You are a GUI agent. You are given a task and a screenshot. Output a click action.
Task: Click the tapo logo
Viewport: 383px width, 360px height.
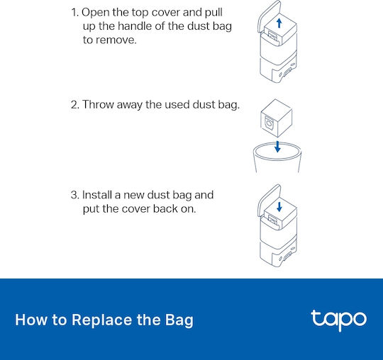tap(338, 320)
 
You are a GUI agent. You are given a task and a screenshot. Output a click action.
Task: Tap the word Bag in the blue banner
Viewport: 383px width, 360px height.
tap(179, 321)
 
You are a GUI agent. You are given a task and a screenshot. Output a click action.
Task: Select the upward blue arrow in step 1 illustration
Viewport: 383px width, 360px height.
tap(279, 23)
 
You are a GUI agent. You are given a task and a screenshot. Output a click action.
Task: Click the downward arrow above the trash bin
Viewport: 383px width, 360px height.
tap(277, 147)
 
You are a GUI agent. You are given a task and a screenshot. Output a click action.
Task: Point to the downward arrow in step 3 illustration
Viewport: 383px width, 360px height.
tap(279, 206)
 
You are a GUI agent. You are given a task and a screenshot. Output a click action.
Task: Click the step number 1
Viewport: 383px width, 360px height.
tap(74, 13)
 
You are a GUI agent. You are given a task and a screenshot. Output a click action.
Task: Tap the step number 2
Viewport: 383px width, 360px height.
tap(74, 105)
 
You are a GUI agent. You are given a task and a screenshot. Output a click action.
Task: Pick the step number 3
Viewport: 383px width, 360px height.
tap(74, 195)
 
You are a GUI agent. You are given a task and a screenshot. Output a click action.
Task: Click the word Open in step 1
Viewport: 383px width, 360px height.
tap(96, 13)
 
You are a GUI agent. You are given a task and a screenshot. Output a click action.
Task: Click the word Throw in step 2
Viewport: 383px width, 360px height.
tap(98, 104)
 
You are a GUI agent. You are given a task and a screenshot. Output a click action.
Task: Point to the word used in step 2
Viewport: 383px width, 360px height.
tap(177, 105)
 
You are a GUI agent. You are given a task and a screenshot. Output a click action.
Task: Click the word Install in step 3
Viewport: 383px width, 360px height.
tap(96, 195)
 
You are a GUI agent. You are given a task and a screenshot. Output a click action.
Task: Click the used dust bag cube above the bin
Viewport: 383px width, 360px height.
tap(277, 118)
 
